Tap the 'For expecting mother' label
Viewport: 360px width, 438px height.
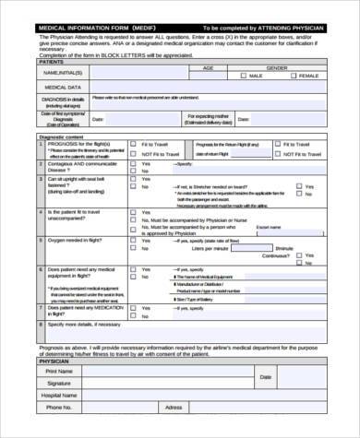pyautogui.click(x=208, y=116)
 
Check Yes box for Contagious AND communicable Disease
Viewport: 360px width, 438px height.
pyautogui.click(x=133, y=162)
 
